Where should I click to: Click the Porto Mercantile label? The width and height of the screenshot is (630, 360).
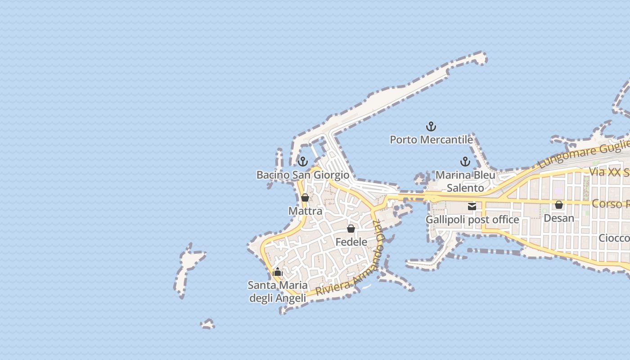coord(431,139)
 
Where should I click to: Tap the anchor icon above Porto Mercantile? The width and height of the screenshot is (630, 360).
coord(431,126)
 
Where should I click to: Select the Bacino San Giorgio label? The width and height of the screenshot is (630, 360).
coord(302,175)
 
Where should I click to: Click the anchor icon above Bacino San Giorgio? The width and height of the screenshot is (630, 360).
coord(303,161)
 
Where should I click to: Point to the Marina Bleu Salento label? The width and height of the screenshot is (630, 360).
coord(465,181)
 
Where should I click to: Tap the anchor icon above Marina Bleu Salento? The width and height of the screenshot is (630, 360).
coord(465,162)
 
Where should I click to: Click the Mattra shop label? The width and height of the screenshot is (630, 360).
coord(305,211)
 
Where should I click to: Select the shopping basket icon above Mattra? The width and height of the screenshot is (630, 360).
coord(305,198)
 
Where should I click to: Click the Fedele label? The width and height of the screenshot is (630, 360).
coord(351,242)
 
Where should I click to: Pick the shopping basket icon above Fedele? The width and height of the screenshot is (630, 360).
coord(351,229)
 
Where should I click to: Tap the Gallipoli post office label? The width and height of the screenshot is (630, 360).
coord(472,220)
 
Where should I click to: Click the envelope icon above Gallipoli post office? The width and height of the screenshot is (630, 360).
coord(472,207)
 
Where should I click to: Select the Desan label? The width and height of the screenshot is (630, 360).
coord(559,218)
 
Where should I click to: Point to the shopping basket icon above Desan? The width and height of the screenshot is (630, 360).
coord(559,205)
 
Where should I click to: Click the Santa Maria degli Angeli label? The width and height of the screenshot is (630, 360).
coord(278,292)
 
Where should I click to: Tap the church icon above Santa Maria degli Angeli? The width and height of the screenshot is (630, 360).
coord(278,272)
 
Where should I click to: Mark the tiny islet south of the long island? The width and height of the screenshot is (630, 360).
coord(207,324)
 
